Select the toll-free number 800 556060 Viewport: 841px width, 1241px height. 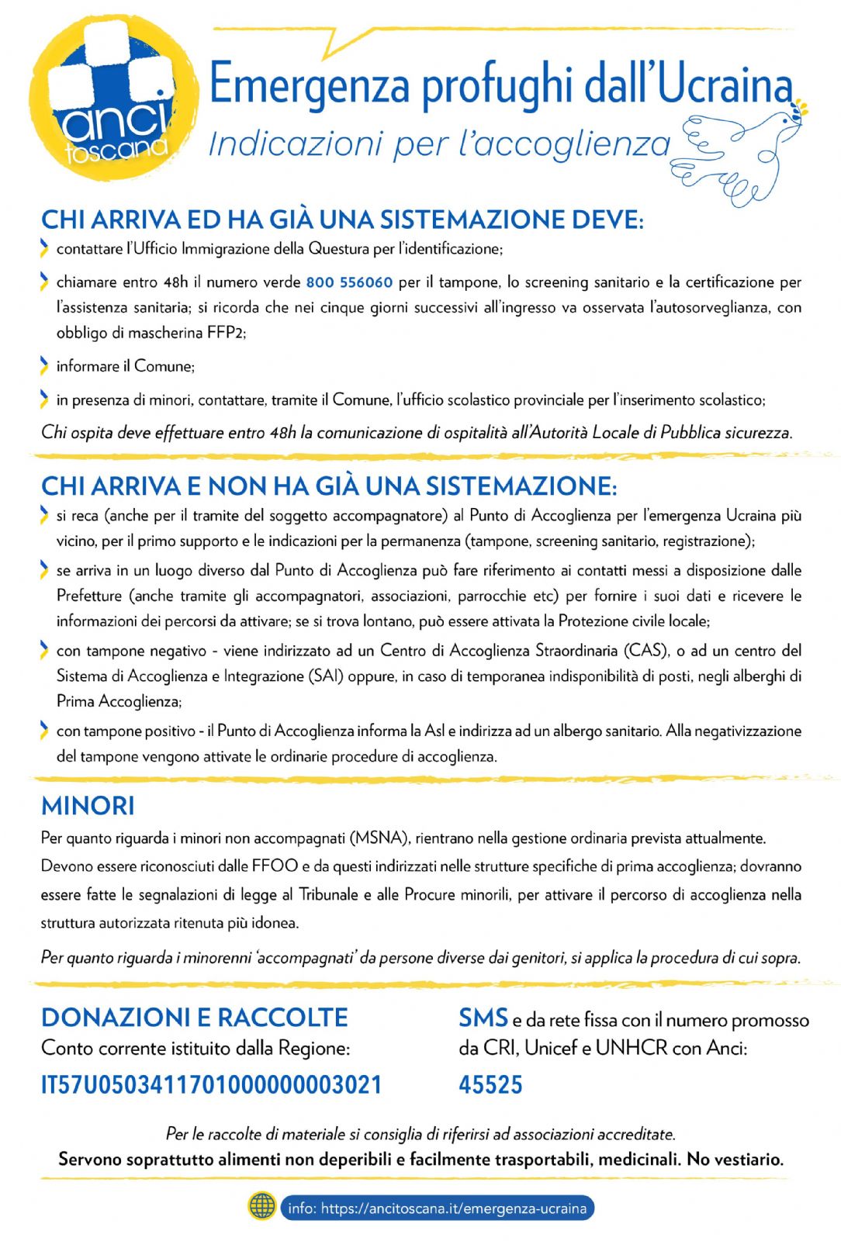click(349, 282)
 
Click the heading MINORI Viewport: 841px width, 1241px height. click(88, 806)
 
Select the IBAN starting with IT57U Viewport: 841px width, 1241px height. click(211, 1084)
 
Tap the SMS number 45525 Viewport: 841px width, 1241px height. click(490, 1084)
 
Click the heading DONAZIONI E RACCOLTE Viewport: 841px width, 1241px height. click(194, 1018)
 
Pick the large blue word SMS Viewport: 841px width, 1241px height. click(483, 1018)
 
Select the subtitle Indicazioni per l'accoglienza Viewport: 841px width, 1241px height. click(439, 144)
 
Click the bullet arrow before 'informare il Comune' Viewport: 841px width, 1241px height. click(44, 365)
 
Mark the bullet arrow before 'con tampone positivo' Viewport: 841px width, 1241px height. click(44, 730)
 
